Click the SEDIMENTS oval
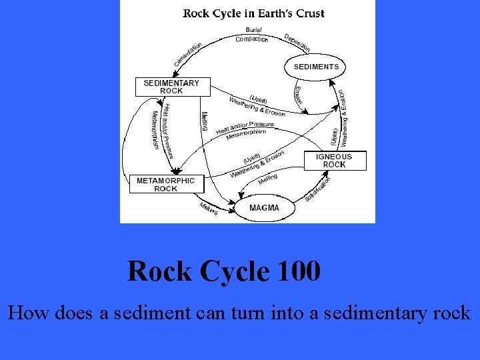pos(316,67)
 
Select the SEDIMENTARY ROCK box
pos(171,87)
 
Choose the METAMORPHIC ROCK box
pos(166,184)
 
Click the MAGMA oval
pos(264,208)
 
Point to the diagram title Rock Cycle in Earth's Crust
pos(254,13)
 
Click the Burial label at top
pos(253,30)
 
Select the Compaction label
pos(252,39)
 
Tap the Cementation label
pos(188,54)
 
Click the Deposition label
pos(297,42)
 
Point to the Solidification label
pos(318,189)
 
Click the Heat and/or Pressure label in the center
pos(245,127)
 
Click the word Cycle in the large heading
pos(233,271)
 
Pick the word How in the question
pos(25,312)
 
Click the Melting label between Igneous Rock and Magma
pos(267,179)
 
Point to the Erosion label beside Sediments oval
pos(298,95)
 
